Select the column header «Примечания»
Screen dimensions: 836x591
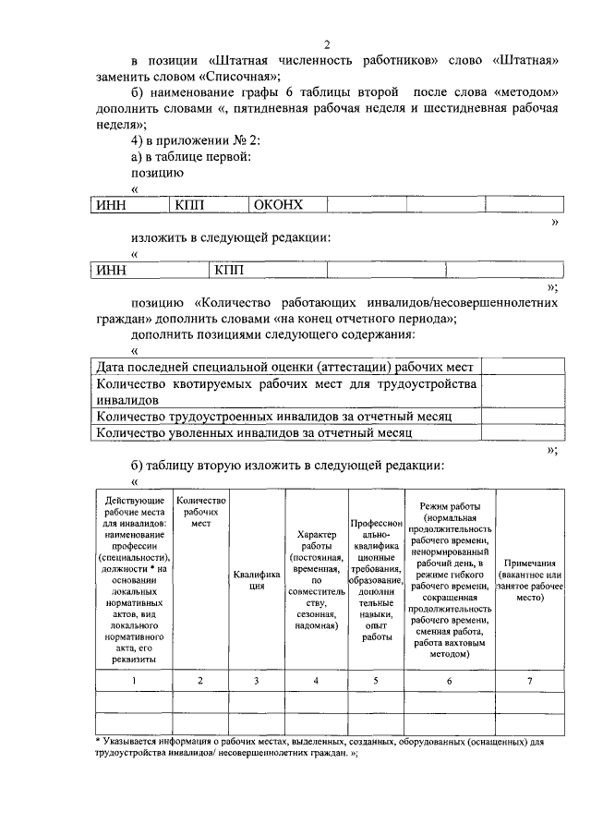529,579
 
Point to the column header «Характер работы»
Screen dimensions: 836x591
316,579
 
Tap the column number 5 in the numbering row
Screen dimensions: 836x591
375,681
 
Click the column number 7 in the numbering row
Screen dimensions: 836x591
529,681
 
